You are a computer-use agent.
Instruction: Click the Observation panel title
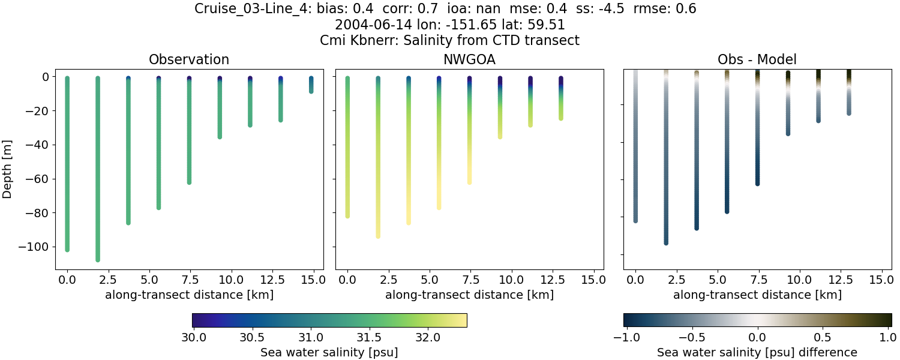189,60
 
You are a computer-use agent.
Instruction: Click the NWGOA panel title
469,60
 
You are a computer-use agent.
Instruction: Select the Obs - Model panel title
757,60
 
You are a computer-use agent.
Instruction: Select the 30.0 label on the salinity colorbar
193,338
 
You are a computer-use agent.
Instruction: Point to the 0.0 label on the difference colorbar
758,338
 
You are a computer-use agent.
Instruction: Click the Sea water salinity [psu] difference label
757,352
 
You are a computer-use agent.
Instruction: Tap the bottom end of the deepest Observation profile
98,259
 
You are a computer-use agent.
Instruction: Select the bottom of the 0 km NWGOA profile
347,215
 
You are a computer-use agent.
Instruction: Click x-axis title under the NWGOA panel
469,295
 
